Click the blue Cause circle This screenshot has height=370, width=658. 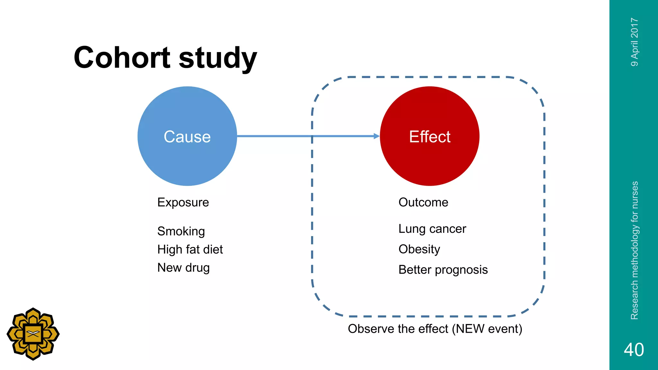pos(187,136)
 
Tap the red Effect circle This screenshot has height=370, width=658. pos(430,136)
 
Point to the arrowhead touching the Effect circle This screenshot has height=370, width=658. pos(377,136)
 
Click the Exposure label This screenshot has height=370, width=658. pos(183,202)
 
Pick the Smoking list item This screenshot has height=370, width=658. pos(181,231)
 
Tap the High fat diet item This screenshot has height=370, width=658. pos(190,250)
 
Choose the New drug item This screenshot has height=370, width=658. pos(183,268)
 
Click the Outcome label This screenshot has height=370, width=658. pos(423,202)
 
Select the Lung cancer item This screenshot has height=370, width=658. pos(432,229)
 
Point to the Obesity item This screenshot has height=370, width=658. pos(419,249)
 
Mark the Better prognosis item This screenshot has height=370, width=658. pos(443,270)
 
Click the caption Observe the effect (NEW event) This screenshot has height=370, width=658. pos(435,329)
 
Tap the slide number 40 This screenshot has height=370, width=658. pos(634,349)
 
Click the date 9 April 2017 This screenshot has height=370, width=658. pos(635,42)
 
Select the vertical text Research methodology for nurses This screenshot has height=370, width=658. pos(635,251)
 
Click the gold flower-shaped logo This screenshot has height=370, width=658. pos(33,334)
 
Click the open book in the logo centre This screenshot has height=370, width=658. pos(33,334)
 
